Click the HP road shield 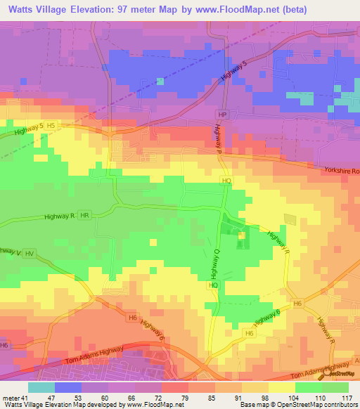tap(223, 115)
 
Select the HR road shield tap(84, 216)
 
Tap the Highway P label tap(219, 145)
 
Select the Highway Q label tap(215, 262)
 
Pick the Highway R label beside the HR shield tap(58, 217)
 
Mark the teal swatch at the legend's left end tap(41, 387)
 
